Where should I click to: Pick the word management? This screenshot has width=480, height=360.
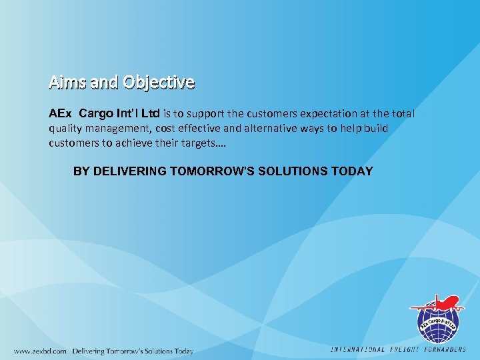[x=123, y=128]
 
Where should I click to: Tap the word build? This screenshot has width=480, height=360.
[x=374, y=128]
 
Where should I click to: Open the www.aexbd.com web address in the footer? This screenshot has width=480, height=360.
[x=40, y=351]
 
